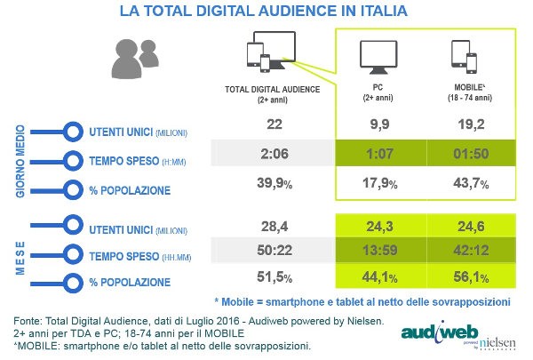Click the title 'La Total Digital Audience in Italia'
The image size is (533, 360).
(x=266, y=13)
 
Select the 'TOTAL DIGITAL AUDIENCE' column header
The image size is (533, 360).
(x=268, y=92)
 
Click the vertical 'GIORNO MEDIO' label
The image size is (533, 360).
(x=18, y=160)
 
